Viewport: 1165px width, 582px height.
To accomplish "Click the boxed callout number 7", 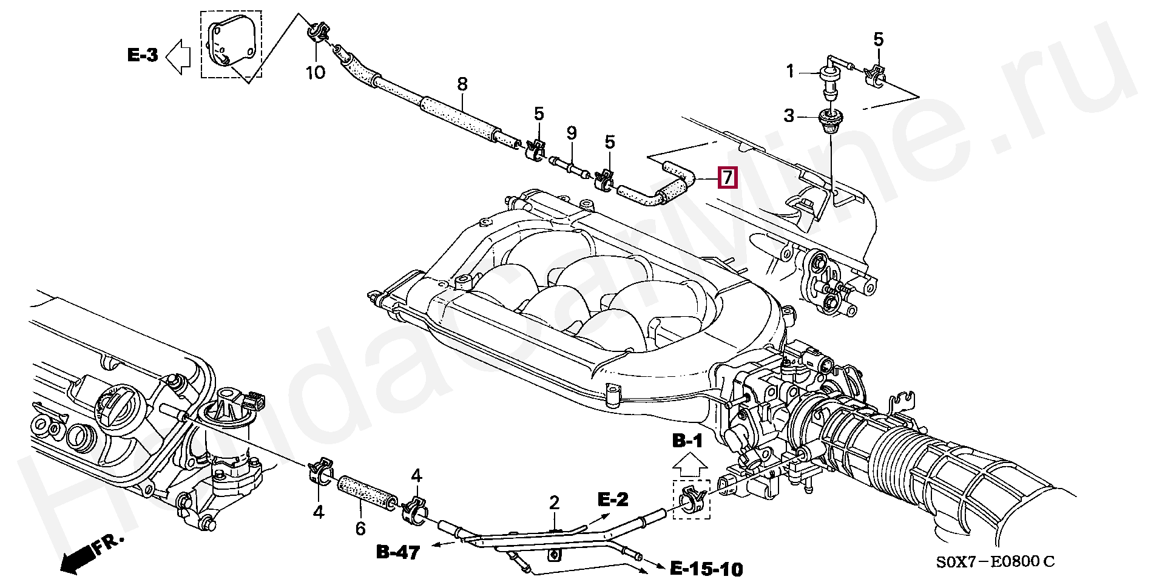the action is [727, 178].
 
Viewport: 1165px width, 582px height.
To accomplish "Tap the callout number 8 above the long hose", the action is [462, 84].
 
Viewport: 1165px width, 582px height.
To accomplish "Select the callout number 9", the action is [571, 132].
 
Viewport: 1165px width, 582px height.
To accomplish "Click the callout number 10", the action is [315, 73].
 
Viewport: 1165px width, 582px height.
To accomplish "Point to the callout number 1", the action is [790, 72].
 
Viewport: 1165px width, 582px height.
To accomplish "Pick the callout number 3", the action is [789, 115].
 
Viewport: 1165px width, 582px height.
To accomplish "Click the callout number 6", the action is [360, 529].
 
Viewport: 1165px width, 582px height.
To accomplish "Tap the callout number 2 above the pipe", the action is [554, 502].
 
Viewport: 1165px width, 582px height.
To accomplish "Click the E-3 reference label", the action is [143, 55].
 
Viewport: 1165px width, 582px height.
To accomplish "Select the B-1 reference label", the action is [687, 441].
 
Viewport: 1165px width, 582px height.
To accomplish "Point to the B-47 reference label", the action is [398, 552].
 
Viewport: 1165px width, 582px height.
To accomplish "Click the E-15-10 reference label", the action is [706, 569].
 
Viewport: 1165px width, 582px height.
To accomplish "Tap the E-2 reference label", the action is [613, 499].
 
